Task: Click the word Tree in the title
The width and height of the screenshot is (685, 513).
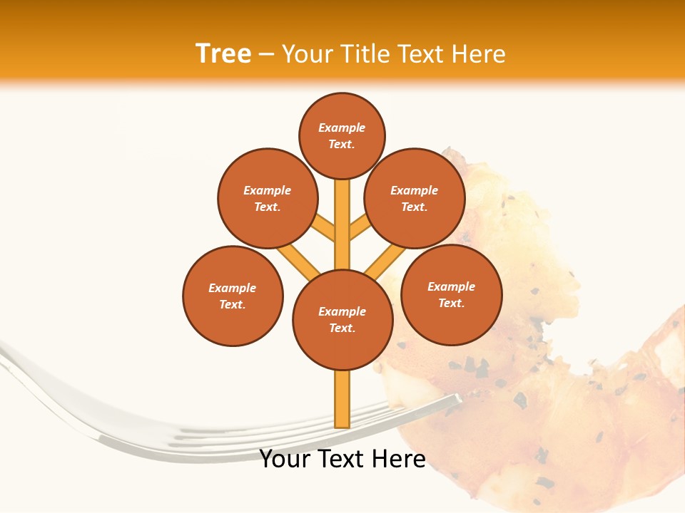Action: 223,54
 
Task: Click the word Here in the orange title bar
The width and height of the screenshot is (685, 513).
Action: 478,54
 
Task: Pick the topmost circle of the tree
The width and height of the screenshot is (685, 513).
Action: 342,135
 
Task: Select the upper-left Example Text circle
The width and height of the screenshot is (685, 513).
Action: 267,198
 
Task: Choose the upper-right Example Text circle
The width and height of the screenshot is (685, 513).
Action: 415,198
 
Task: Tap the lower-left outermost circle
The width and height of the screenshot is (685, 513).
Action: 233,296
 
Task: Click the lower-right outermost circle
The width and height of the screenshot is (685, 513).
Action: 451,294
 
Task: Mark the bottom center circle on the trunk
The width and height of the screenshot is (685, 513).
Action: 342,319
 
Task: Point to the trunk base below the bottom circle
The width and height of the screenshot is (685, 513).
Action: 342,399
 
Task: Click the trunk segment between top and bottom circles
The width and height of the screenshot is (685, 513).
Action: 342,224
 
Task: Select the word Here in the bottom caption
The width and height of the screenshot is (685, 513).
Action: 400,459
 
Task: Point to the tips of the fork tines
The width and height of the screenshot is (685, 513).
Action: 450,405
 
